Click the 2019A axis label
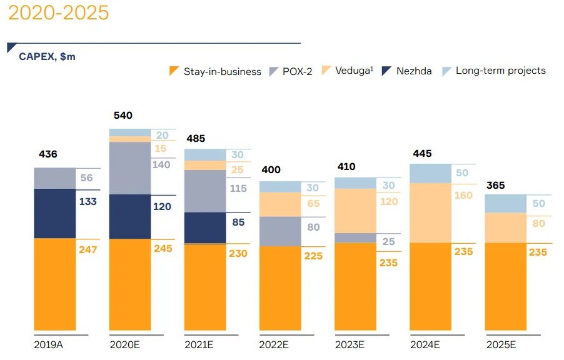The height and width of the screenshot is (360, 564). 47,344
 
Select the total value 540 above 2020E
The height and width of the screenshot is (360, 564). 123,116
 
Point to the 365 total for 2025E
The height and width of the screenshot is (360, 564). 495,186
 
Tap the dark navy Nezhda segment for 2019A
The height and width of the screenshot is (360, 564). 54,213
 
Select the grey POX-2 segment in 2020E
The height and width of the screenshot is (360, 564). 130,168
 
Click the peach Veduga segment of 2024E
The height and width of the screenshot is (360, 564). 430,212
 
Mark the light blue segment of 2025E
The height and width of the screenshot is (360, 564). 505,203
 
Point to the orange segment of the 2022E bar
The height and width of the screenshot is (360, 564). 280,287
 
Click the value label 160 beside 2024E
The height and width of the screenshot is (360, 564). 464,196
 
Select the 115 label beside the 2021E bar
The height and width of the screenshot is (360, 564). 238,188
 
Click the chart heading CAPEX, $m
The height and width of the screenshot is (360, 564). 47,57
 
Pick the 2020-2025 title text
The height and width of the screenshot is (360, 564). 58,12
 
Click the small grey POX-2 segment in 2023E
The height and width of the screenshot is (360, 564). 355,237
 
